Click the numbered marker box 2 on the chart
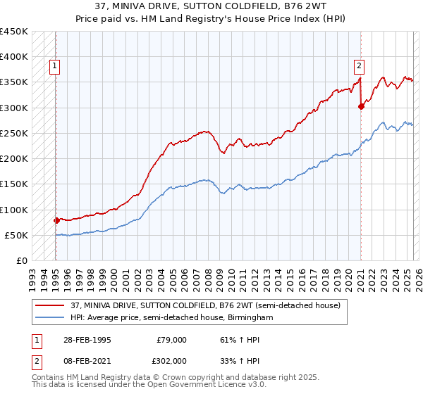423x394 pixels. (359, 67)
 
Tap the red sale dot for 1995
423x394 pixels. (56, 220)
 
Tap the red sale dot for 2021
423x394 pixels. (361, 107)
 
